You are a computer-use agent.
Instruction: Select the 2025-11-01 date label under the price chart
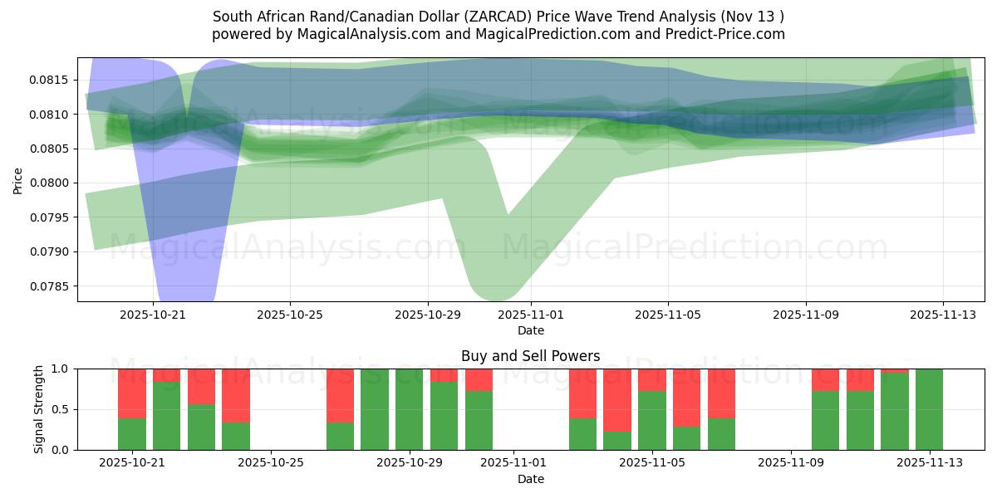tap(531, 315)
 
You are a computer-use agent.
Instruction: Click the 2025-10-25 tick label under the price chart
tap(290, 315)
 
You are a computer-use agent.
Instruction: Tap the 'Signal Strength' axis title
tap(39, 409)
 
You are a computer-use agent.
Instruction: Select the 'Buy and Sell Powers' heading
tap(531, 356)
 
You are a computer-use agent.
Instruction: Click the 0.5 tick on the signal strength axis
tap(60, 409)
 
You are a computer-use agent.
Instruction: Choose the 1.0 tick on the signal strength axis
tap(60, 369)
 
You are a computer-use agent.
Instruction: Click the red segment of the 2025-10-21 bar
tap(132, 393)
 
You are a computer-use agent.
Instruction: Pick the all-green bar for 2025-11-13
tap(929, 409)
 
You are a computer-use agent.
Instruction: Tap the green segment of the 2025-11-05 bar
tap(652, 421)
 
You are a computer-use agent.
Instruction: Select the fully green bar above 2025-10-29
tap(410, 409)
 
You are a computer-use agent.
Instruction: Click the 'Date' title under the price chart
tap(531, 330)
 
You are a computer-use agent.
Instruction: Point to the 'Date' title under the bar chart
tap(531, 479)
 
